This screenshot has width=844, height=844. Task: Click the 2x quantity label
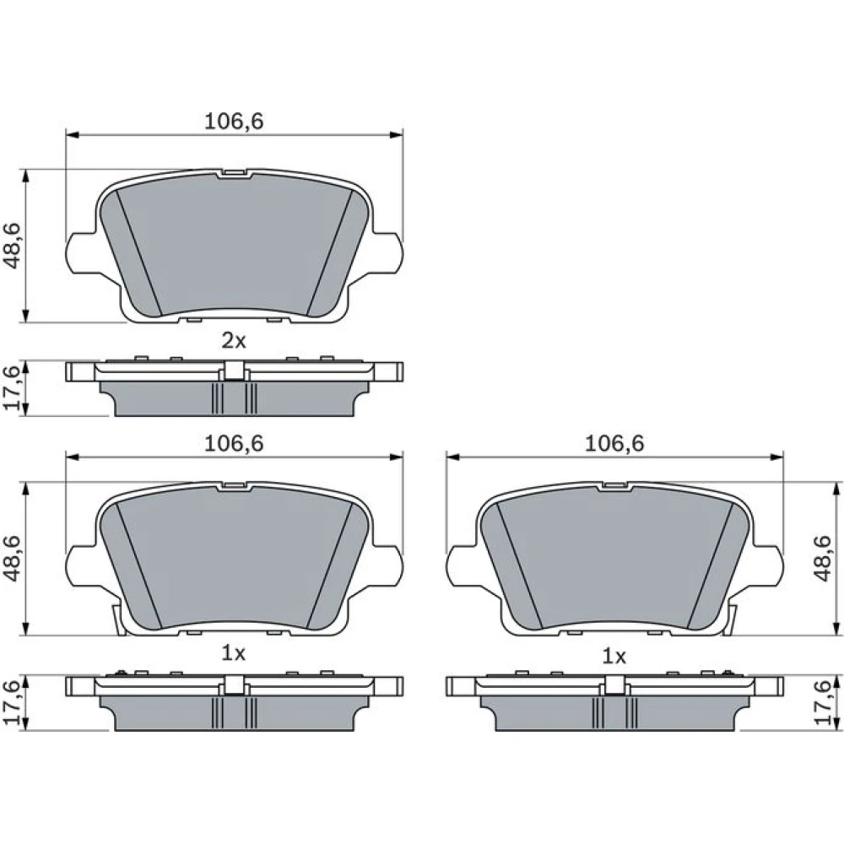(234, 341)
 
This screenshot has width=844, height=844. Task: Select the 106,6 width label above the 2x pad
(234, 122)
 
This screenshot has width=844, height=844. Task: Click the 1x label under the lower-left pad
(234, 653)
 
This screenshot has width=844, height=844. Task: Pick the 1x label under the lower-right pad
(614, 657)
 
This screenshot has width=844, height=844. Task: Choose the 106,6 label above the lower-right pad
(614, 444)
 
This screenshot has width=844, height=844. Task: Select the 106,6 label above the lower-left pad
(234, 444)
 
